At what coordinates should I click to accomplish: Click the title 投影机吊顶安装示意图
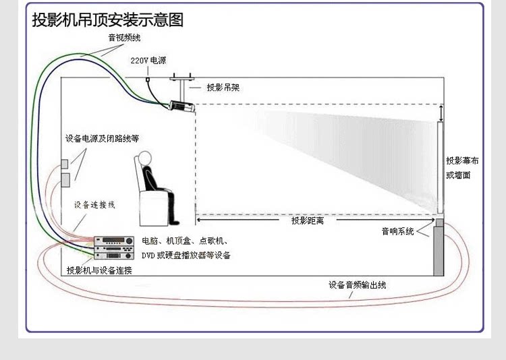[108, 20]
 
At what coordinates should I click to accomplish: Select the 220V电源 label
[148, 61]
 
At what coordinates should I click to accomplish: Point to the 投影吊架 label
[223, 88]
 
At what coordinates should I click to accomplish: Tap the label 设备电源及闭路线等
[102, 139]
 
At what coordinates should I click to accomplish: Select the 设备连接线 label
[94, 204]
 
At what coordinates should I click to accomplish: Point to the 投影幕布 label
[462, 161]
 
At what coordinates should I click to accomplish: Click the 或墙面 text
[457, 175]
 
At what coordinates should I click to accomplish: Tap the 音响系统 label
[397, 232]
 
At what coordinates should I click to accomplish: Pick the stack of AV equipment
[113, 247]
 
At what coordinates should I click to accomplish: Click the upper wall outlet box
[65, 164]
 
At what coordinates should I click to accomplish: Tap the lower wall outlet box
[65, 180]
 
